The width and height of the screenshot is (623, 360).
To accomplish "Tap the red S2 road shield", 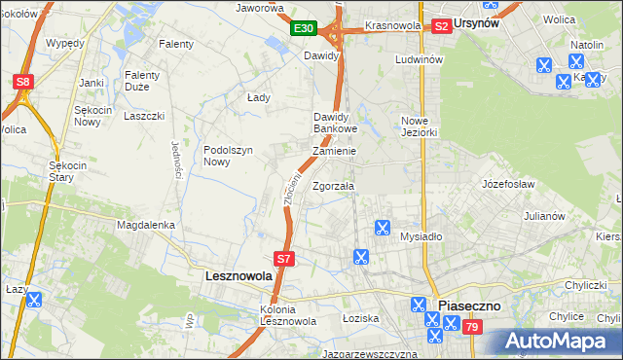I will pos(441,26).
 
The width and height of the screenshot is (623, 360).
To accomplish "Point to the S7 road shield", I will pos(283,259).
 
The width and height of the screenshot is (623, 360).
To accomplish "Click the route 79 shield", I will pos(472,329).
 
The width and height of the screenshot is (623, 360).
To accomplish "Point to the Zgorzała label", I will pos(334,186).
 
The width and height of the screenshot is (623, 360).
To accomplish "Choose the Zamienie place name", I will pos(334,152).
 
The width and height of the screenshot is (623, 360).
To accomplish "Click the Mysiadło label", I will pos(421,236).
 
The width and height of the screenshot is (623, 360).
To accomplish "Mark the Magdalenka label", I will pos(145,225).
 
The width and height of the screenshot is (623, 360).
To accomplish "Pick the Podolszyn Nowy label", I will pos(230,156).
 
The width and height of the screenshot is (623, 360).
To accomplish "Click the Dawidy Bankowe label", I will pos(336,123).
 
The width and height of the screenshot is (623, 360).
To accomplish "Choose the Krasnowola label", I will pos(392,25).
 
